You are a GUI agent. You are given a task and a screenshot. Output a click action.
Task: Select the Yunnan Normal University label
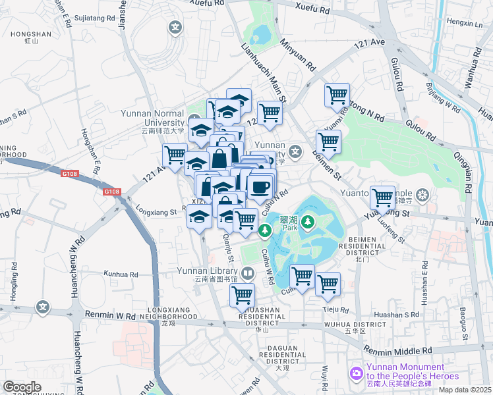pyautogui.click(x=152, y=117)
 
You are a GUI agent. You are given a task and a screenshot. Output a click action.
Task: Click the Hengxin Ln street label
pyautogui.click(x=465, y=23)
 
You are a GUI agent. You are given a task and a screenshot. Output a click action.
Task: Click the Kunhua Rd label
pyautogui.click(x=121, y=273)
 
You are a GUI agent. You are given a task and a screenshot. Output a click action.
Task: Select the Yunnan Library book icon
pyautogui.click(x=247, y=272)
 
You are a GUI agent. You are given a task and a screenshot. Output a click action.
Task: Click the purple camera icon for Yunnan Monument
pyautogui.click(x=357, y=373)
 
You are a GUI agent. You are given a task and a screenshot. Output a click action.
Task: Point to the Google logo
pyautogui.click(x=22, y=387)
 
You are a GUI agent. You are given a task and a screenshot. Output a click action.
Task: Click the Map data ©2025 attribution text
pyautogui.click(x=465, y=390)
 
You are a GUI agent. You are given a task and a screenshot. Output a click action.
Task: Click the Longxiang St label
pyautogui.click(x=156, y=212)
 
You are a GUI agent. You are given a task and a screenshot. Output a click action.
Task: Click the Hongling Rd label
pyautogui.click(x=13, y=280)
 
